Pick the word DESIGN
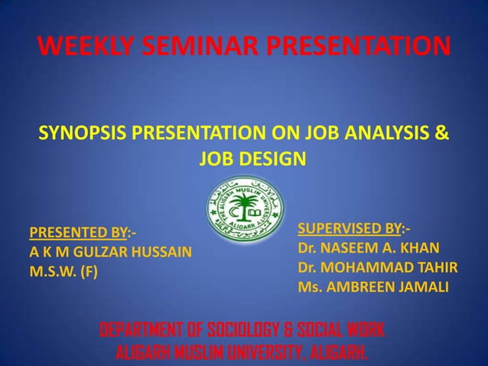(274, 161)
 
